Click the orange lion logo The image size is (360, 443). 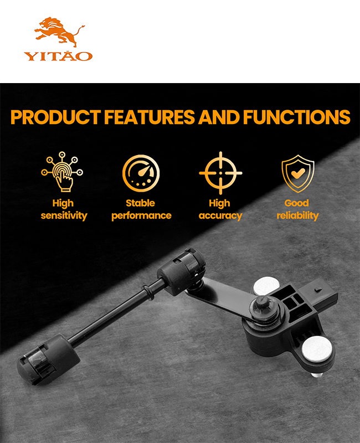(x=59, y=32)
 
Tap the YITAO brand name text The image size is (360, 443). (x=58, y=56)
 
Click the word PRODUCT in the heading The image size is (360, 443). (x=56, y=117)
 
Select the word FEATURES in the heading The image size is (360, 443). (x=150, y=117)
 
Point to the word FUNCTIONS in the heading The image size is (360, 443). (x=296, y=117)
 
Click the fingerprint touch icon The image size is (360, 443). (x=62, y=172)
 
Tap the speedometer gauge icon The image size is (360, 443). (x=141, y=173)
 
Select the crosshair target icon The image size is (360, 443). (x=220, y=173)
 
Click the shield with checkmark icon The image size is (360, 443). (x=298, y=173)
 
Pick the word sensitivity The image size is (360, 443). (x=64, y=215)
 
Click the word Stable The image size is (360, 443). (x=141, y=203)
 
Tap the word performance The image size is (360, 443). (x=141, y=215)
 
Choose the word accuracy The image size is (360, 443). (x=220, y=216)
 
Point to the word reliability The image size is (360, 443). (x=297, y=215)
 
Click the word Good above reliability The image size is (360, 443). (x=296, y=203)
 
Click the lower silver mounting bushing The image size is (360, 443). (x=317, y=349)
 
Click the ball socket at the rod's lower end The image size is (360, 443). (x=47, y=359)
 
